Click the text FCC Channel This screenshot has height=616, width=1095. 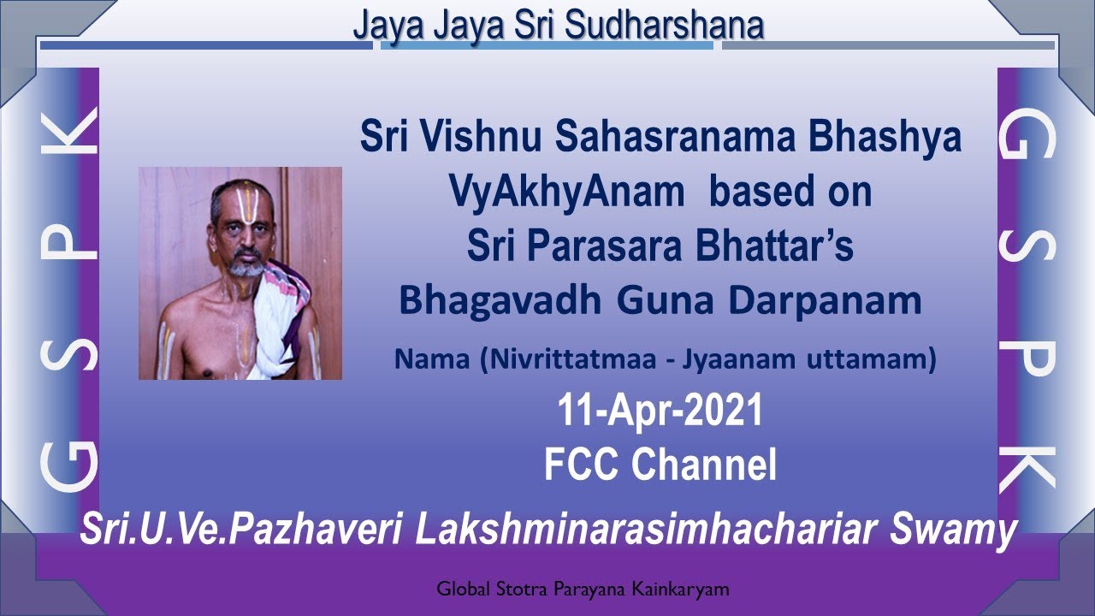pyautogui.click(x=660, y=465)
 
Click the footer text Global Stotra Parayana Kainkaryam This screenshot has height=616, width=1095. pyautogui.click(x=582, y=589)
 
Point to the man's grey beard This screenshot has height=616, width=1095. pyautogui.click(x=246, y=267)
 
